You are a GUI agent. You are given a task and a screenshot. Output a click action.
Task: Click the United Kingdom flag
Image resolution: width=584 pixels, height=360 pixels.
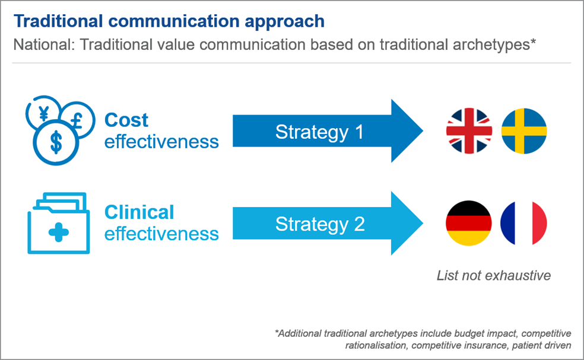(x=469, y=130)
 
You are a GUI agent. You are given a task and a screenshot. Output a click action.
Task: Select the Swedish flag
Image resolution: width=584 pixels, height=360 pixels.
(x=524, y=130)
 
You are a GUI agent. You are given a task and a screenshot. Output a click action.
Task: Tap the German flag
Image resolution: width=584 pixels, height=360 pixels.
(x=468, y=223)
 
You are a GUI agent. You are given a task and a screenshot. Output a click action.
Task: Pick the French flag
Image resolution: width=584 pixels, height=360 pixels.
(x=523, y=223)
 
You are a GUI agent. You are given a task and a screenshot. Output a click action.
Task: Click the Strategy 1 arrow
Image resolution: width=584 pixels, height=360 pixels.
(x=328, y=130)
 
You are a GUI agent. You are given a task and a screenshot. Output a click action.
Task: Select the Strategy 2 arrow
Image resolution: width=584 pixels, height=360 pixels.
(x=328, y=223)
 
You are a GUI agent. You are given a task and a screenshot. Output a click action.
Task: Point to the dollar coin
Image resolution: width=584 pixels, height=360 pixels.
(x=56, y=142)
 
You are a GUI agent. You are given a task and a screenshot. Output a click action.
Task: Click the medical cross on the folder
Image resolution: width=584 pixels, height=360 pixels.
(x=59, y=232)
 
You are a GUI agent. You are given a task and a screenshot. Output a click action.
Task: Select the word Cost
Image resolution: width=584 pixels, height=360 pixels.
(x=126, y=120)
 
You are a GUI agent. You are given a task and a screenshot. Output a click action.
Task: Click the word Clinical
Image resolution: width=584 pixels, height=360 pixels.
(x=139, y=212)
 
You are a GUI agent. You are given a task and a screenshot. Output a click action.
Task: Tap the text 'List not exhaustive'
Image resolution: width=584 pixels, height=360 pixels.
(x=494, y=276)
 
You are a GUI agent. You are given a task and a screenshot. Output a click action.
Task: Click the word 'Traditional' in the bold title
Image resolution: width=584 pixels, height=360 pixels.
(x=58, y=21)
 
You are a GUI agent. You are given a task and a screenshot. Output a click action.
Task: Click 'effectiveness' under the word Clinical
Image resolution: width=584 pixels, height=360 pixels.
(x=161, y=234)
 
